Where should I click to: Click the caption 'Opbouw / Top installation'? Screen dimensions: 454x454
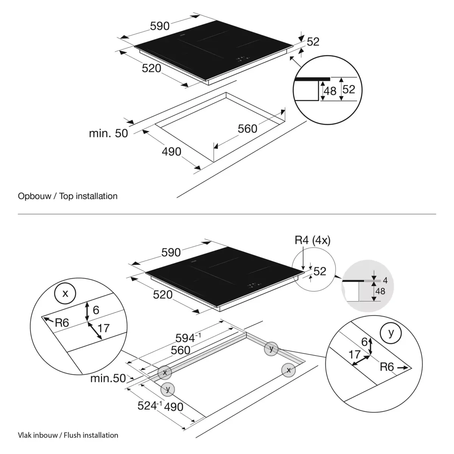68,196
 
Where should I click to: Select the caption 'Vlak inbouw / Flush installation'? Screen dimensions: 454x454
68,435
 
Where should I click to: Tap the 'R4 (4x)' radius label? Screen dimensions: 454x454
313,241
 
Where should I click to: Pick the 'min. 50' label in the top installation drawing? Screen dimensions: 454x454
109,133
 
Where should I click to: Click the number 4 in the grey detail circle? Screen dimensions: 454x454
385,280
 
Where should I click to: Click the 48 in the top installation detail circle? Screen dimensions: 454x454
330,91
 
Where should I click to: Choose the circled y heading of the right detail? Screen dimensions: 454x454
391,333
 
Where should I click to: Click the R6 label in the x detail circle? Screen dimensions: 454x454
61,323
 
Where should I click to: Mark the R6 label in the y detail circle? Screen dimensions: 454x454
387,367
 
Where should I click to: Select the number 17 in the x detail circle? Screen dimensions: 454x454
104,328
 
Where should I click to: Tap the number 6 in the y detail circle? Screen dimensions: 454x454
364,342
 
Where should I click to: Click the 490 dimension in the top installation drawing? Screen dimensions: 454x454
171,152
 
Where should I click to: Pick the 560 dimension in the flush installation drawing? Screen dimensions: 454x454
180,350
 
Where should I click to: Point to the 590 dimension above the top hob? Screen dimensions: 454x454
160,26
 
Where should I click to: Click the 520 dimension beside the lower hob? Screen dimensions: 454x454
163,294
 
